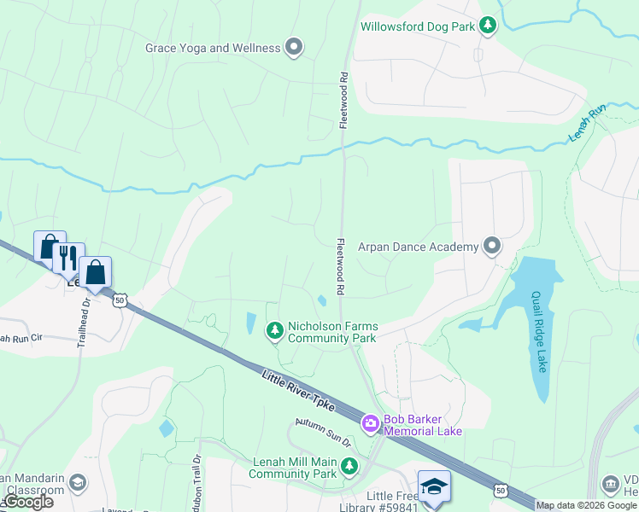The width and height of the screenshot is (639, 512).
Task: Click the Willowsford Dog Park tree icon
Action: pos(488,26)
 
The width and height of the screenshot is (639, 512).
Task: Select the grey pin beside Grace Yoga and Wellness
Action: pos(294,48)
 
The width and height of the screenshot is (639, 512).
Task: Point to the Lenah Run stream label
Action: pos(587,123)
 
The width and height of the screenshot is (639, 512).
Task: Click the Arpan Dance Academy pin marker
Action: pos(491,247)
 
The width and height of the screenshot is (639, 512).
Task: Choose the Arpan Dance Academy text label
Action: pos(419,247)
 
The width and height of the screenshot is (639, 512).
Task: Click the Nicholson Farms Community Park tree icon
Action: pos(274,329)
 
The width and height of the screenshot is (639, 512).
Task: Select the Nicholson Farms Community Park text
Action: pos(333,332)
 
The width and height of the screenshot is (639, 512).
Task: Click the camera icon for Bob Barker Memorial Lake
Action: pos(370,422)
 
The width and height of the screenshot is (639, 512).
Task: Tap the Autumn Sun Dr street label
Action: pos(323,433)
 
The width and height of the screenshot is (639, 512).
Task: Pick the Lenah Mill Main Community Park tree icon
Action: pos(349,466)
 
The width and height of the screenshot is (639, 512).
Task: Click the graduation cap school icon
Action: pos(434,486)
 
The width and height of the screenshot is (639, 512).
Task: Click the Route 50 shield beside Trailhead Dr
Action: pos(120,300)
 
